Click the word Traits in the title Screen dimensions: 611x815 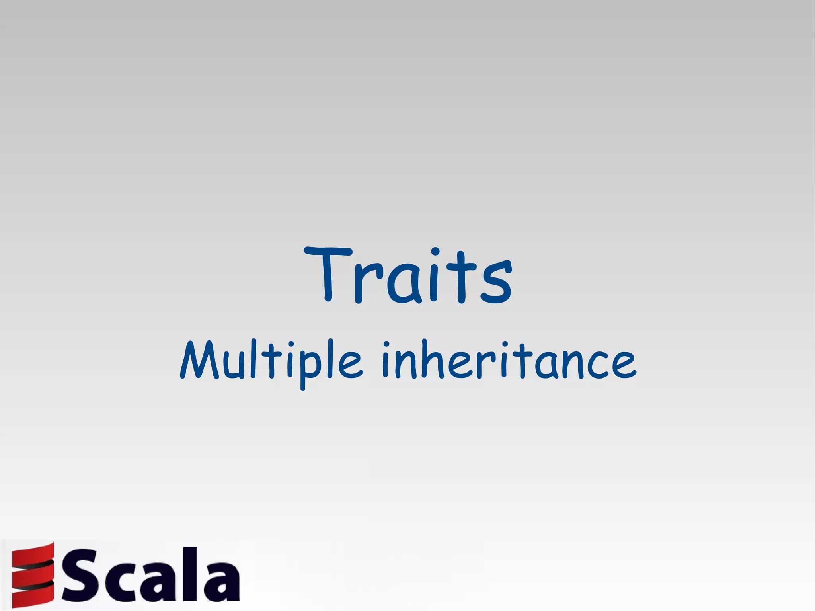(408, 275)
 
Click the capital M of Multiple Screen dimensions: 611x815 (201, 360)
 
